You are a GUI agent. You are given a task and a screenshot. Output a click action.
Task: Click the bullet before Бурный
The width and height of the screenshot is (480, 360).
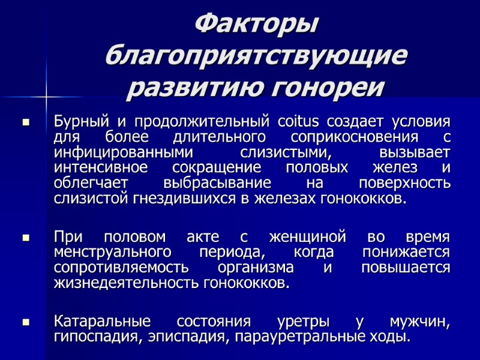click(x=26, y=122)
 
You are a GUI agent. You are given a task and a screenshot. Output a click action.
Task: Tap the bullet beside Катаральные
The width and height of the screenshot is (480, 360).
click(x=26, y=322)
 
